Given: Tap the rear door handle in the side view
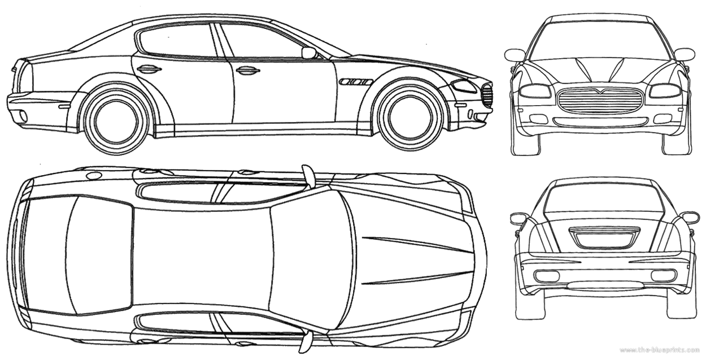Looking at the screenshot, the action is tap(150, 70).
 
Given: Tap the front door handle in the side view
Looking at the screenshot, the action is tap(249, 71).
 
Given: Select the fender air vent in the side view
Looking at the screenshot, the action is tap(355, 83).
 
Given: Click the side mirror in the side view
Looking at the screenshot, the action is tap(309, 53).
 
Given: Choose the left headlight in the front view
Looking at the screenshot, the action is tap(536, 91).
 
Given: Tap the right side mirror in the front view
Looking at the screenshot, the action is tap(686, 54).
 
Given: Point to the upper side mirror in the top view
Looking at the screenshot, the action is tap(308, 176).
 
